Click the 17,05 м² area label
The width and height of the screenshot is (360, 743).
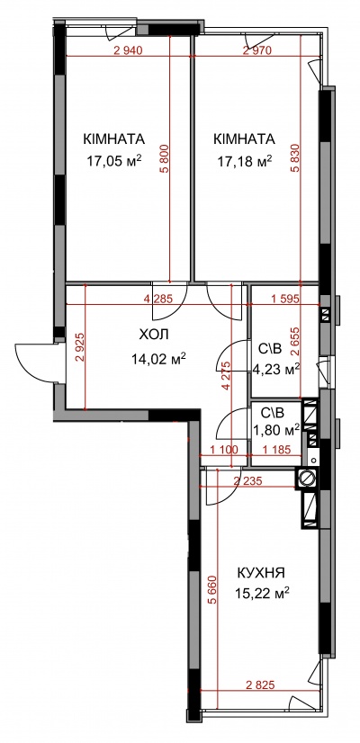[114, 161]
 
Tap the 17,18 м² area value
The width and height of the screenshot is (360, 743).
[245, 161]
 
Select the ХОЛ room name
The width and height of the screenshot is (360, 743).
[154, 335]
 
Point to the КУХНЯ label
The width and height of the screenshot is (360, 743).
[261, 573]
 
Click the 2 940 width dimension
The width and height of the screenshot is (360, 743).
[128, 50]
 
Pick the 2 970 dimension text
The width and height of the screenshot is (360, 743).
[257, 50]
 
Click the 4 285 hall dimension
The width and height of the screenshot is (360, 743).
[157, 299]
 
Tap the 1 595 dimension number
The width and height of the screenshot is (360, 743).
[285, 299]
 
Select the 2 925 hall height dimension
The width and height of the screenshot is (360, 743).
[80, 347]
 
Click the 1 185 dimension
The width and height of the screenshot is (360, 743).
[275, 450]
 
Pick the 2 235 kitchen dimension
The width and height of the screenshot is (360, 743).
[248, 481]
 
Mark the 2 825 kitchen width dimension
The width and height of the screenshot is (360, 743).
[260, 685]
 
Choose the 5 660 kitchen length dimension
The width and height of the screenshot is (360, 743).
[211, 590]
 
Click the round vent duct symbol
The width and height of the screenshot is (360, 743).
[307, 479]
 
